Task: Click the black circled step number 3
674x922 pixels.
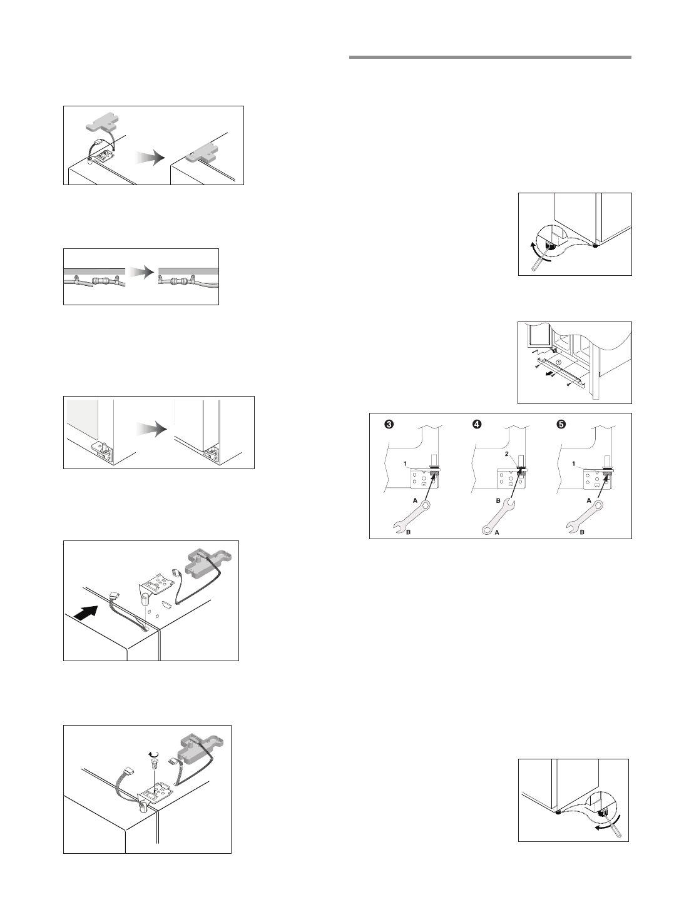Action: pos(389,424)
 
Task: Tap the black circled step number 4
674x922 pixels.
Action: pos(476,424)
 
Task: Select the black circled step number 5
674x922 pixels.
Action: pos(561,424)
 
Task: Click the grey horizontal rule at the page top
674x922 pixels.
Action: pos(490,58)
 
